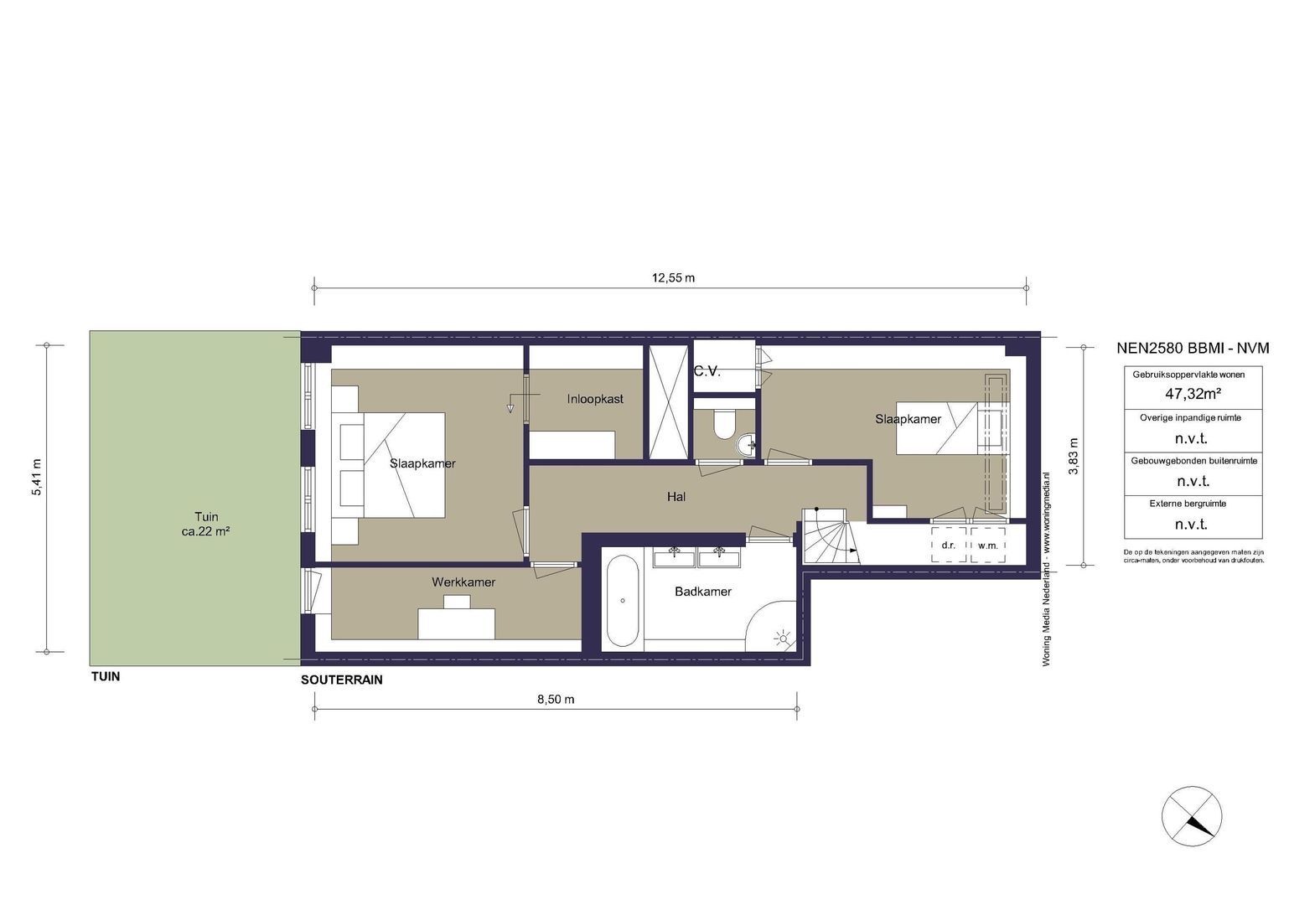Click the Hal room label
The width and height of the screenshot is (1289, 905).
pyautogui.click(x=676, y=497)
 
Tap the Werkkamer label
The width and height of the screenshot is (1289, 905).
pyautogui.click(x=463, y=582)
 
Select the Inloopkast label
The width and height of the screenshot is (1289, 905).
pyautogui.click(x=595, y=399)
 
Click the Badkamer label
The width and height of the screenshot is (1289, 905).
pyautogui.click(x=703, y=592)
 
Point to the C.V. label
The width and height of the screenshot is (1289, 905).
pyautogui.click(x=707, y=372)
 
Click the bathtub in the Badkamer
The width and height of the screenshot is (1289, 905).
pyautogui.click(x=623, y=601)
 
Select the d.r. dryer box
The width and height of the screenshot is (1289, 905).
pyautogui.click(x=949, y=545)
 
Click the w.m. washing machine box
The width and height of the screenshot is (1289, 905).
pyautogui.click(x=988, y=545)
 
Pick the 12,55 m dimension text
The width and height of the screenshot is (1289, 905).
pyautogui.click(x=673, y=278)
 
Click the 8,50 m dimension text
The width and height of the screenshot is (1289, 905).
pyautogui.click(x=556, y=700)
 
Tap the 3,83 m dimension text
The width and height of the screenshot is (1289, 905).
pyautogui.click(x=1074, y=456)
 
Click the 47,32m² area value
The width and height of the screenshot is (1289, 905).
pyautogui.click(x=1193, y=394)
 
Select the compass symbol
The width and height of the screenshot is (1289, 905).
pyautogui.click(x=1192, y=816)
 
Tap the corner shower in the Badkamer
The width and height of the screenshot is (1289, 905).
pyautogui.click(x=772, y=626)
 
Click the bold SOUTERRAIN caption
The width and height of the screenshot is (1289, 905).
pyautogui.click(x=342, y=680)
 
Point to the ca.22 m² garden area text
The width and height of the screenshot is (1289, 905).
pyautogui.click(x=206, y=531)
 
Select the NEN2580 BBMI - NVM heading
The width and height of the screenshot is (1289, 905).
pyautogui.click(x=1193, y=348)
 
